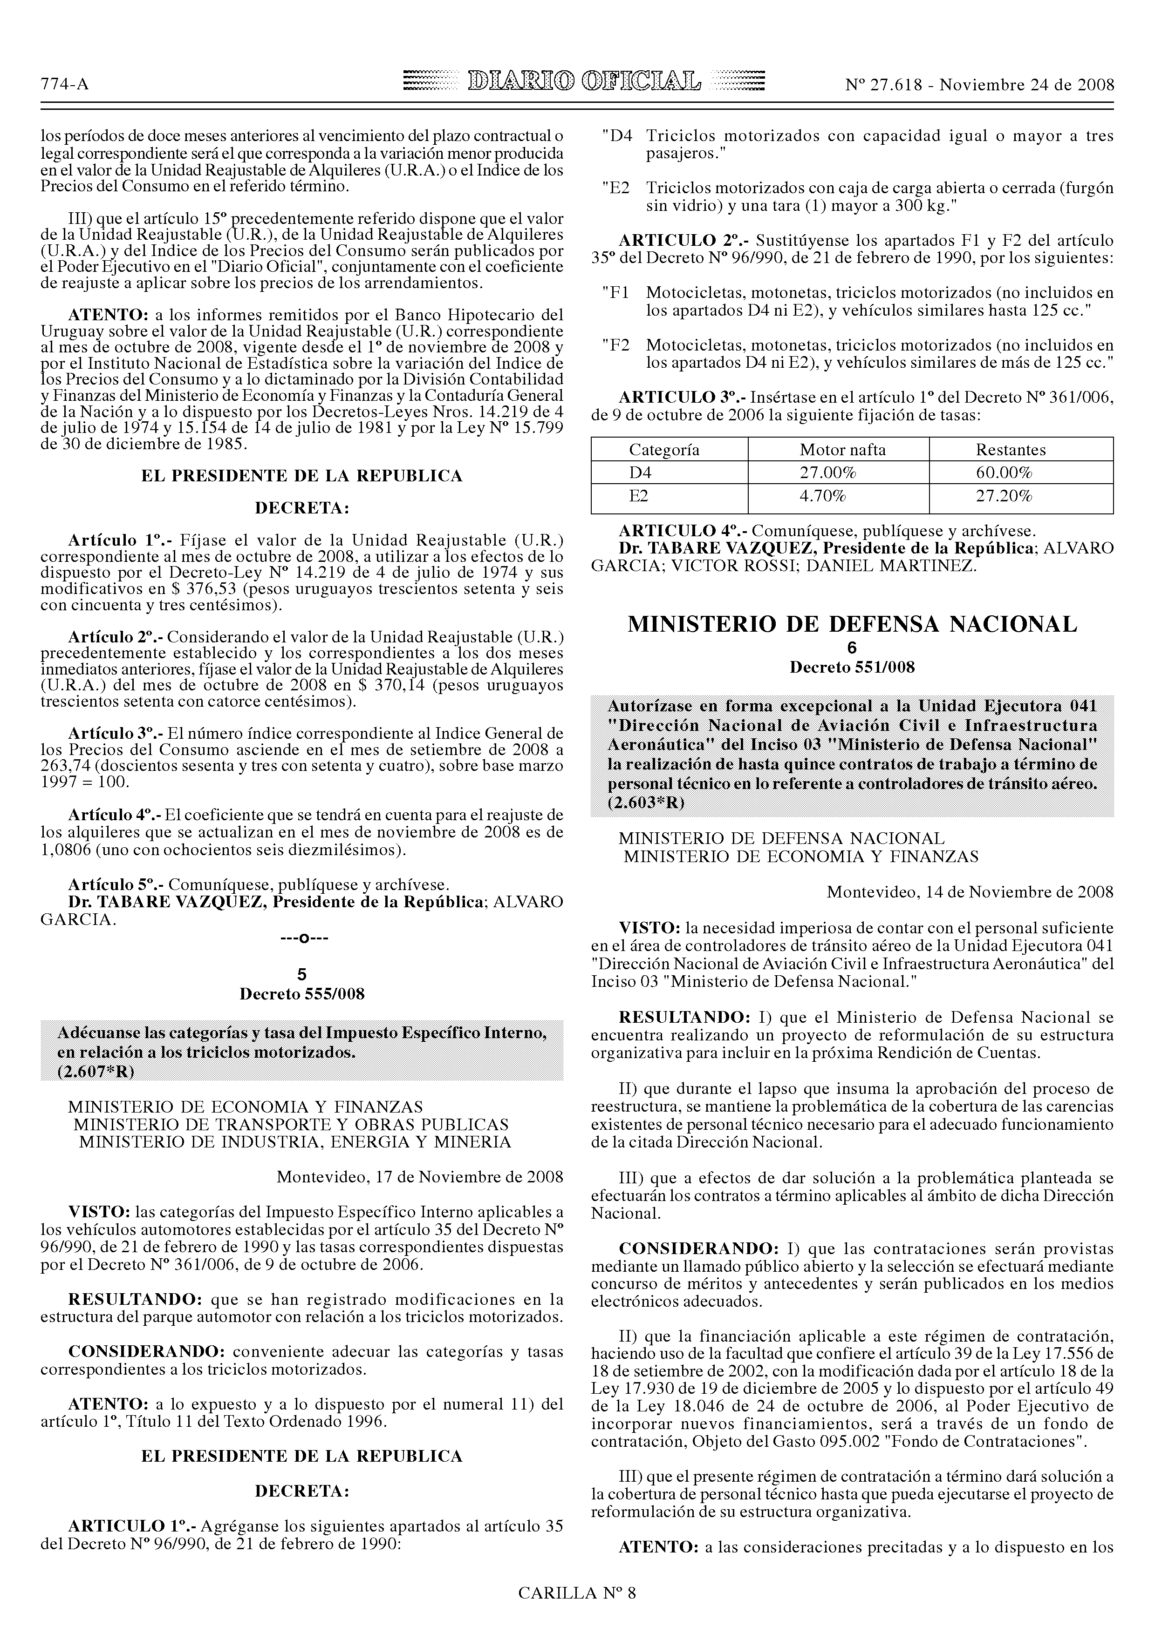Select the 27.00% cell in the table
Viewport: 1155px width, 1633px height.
point(838,473)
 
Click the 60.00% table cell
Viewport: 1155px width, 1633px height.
point(1020,473)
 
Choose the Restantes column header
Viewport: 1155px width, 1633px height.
point(1020,450)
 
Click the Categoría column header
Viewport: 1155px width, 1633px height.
point(664,450)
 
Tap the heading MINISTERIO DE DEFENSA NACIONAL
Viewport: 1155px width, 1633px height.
point(852,624)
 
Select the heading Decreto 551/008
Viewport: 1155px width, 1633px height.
point(852,667)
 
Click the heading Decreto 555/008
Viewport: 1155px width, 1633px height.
point(302,993)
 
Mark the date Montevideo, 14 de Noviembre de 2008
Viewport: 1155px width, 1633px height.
point(970,892)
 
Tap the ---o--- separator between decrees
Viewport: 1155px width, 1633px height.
point(302,939)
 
